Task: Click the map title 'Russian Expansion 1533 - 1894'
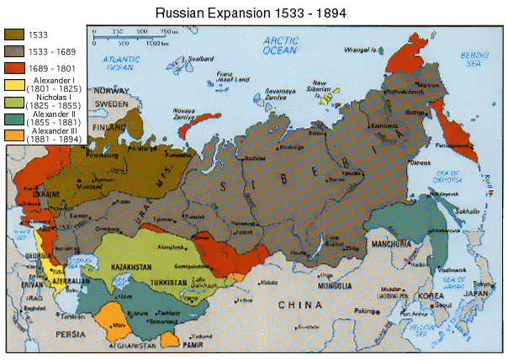pyautogui.click(x=253, y=14)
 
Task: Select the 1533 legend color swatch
pyautogui.click(x=14, y=35)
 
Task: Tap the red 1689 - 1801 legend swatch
pyautogui.click(x=14, y=67)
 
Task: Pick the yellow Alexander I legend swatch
pyautogui.click(x=14, y=84)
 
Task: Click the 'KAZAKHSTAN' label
pyautogui.click(x=130, y=267)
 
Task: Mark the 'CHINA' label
pyautogui.click(x=307, y=304)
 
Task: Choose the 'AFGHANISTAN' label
pyautogui.click(x=131, y=346)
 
